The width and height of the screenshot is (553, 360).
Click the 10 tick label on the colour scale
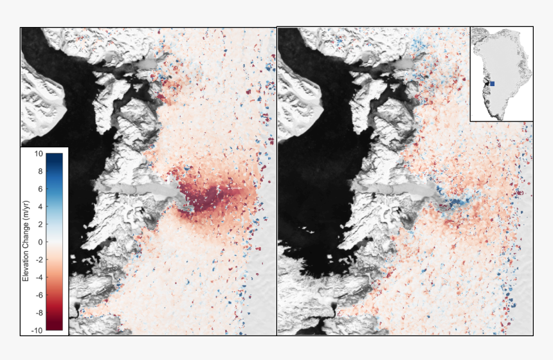tap(39, 154)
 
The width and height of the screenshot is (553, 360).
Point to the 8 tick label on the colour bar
tap(40, 172)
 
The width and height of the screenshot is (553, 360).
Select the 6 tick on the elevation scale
tap(40, 190)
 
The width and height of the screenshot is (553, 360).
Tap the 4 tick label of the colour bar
tap(40, 207)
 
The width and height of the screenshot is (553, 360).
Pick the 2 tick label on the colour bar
tap(40, 224)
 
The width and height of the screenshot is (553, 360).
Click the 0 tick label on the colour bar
tap(40, 242)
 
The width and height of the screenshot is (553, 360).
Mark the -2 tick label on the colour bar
tap(39, 260)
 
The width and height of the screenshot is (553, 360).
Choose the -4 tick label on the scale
tap(39, 278)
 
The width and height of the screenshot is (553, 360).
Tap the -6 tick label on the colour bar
tap(39, 295)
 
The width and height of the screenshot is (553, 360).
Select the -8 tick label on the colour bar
tap(39, 313)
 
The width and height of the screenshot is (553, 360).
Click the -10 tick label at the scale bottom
tap(37, 330)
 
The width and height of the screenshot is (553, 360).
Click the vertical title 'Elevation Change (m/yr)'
tap(26, 242)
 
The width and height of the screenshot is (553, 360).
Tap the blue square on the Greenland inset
tap(492, 84)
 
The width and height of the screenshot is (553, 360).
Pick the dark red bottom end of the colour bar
tap(55, 327)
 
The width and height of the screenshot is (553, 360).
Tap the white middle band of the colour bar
tap(55, 242)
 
